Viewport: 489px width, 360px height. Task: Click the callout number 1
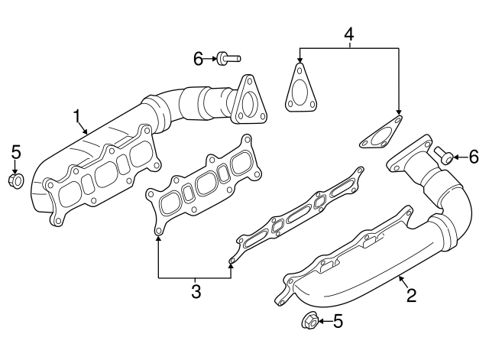coord(77,116)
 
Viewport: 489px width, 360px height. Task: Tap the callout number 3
coord(196,291)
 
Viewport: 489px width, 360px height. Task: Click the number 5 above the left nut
coord(15,153)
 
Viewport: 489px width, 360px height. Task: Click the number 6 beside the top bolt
coord(198,57)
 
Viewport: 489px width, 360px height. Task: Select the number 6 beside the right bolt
coord(473,157)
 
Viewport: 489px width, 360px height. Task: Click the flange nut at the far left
coord(15,181)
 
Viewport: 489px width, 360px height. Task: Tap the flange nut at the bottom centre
coord(310,322)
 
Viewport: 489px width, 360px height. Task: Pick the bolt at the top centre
coord(226,57)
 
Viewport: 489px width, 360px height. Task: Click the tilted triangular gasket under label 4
coord(381,135)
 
